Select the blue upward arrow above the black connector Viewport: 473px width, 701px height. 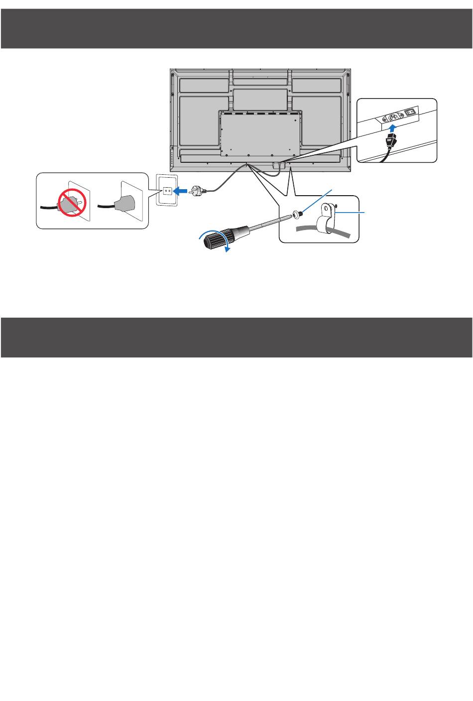[x=393, y=129]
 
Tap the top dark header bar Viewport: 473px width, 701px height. [x=236, y=28]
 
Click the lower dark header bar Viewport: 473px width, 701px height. [x=236, y=337]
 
